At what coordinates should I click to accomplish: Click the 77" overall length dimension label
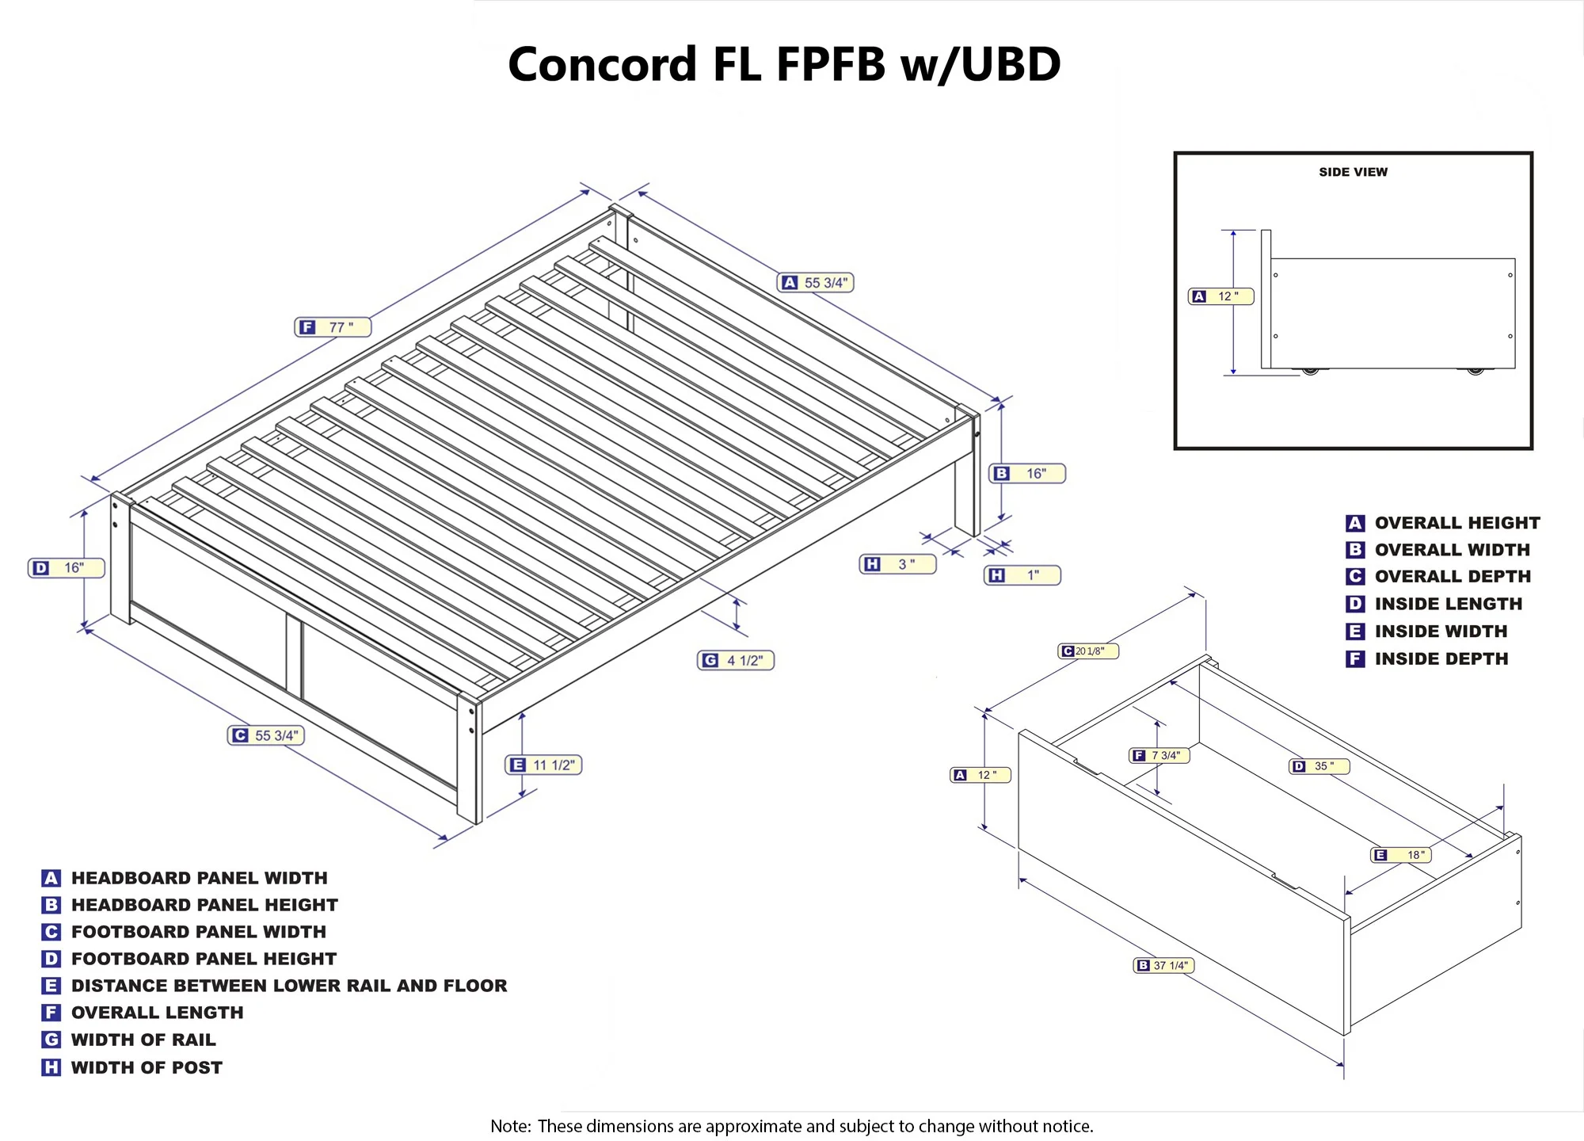pyautogui.click(x=333, y=327)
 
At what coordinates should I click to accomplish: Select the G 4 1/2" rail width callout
pyautogui.click(x=736, y=660)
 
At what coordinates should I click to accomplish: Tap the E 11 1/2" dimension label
pyautogui.click(x=543, y=765)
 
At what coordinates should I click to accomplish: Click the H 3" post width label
pyautogui.click(x=897, y=564)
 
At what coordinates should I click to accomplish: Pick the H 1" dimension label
pyautogui.click(x=1022, y=575)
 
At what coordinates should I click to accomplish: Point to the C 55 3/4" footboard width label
pyautogui.click(x=266, y=735)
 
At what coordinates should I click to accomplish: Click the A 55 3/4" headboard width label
pyautogui.click(x=816, y=283)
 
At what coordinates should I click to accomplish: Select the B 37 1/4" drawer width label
pyautogui.click(x=1163, y=965)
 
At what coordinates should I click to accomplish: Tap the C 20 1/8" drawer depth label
pyautogui.click(x=1088, y=651)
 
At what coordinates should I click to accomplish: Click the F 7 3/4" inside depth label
pyautogui.click(x=1159, y=755)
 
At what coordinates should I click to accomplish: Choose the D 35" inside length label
pyautogui.click(x=1319, y=766)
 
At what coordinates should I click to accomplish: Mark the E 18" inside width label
pyautogui.click(x=1401, y=855)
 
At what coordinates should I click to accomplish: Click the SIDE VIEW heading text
pyautogui.click(x=1353, y=172)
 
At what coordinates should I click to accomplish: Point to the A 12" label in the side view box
pyautogui.click(x=1220, y=296)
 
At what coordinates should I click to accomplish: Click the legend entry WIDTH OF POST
pyautogui.click(x=147, y=1067)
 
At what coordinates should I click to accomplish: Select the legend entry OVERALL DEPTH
pyautogui.click(x=1453, y=576)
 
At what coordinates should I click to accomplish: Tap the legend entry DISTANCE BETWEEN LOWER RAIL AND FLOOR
pyautogui.click(x=289, y=986)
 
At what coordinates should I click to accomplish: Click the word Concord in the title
pyautogui.click(x=602, y=64)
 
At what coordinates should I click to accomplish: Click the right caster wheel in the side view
pyautogui.click(x=1475, y=370)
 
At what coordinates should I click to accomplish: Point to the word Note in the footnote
pyautogui.click(x=510, y=1126)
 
